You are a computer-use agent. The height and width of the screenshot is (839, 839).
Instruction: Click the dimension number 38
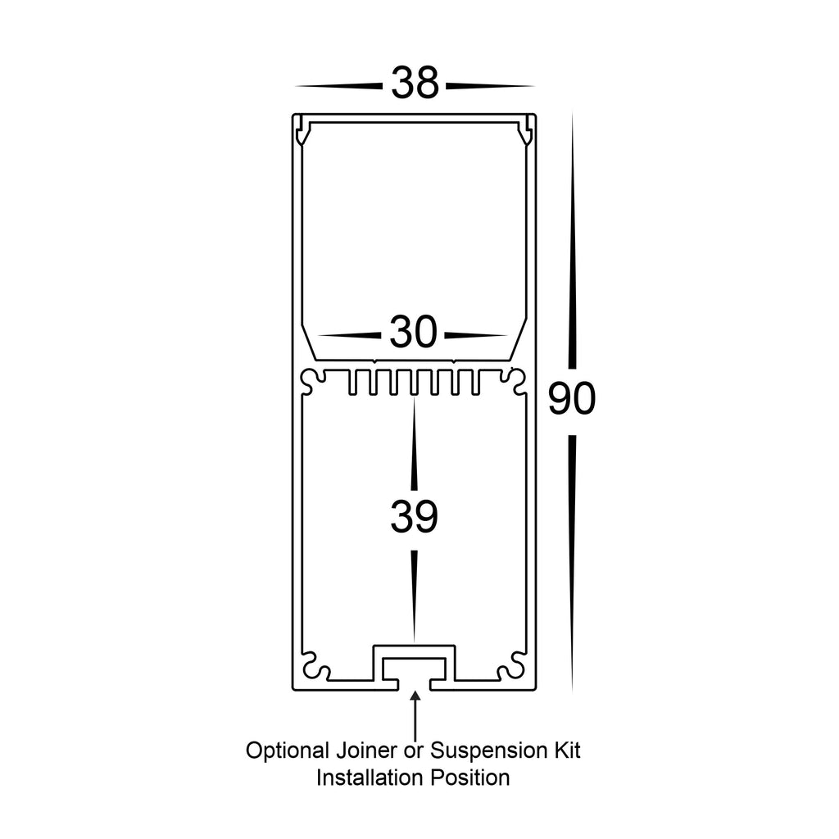pos(415,84)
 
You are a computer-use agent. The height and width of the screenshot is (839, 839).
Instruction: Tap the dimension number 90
pos(571,399)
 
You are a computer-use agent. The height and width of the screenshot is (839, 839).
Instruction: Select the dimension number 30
pos(413,333)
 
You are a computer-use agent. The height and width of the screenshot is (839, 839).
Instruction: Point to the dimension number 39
pos(414,516)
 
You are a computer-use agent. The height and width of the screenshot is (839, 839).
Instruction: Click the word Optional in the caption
pos(288,751)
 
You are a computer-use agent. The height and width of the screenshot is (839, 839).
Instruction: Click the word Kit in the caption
pos(567,751)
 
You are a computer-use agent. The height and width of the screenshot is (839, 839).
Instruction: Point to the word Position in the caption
pos(470,778)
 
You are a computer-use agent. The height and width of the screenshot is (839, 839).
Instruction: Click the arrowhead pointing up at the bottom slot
pos(415,697)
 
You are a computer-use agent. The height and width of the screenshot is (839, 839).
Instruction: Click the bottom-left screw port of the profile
pos(315,666)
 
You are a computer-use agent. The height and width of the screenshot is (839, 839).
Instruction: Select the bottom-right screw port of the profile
pos(512,666)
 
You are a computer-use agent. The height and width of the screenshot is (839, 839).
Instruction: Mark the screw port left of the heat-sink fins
pos(313,381)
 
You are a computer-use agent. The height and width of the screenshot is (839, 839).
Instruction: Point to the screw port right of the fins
pos(515,381)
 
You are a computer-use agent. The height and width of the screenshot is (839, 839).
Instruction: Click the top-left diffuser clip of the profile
pos(303,130)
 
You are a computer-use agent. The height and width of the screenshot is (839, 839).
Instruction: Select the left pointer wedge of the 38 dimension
pos(338,85)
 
